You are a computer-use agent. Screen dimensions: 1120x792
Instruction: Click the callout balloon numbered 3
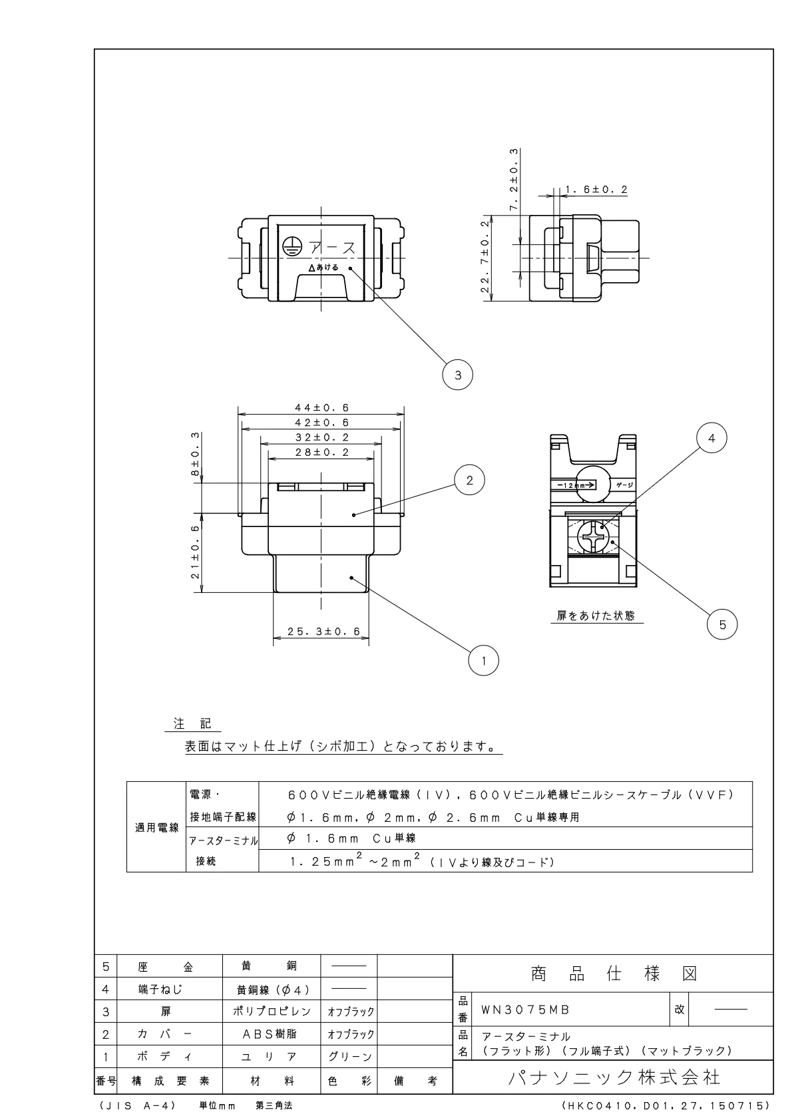pos(457,375)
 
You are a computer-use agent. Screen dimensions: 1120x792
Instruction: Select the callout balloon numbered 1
pos(484,661)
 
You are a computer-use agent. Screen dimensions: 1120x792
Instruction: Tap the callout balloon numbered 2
pos(470,480)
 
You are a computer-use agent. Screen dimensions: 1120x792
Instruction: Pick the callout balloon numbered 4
pos(711,439)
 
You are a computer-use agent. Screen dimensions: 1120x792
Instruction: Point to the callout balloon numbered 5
pos(722,624)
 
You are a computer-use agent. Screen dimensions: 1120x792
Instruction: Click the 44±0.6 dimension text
pos(322,408)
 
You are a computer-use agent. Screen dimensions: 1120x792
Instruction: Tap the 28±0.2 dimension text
pos(322,453)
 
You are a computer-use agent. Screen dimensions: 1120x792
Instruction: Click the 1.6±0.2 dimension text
pos(596,190)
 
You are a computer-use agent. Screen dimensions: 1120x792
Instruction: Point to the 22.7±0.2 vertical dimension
pos(485,257)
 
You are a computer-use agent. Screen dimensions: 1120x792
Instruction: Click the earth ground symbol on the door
pos(290,246)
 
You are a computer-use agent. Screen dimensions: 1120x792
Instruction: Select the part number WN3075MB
pos(525,1010)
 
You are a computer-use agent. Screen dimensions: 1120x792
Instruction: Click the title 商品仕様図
pos(614,974)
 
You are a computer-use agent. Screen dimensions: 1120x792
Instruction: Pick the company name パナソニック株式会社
pos(614,1077)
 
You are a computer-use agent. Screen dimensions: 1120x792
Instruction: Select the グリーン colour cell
pos(349,1057)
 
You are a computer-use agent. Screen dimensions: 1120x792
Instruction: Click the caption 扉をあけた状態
pos(596,616)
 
